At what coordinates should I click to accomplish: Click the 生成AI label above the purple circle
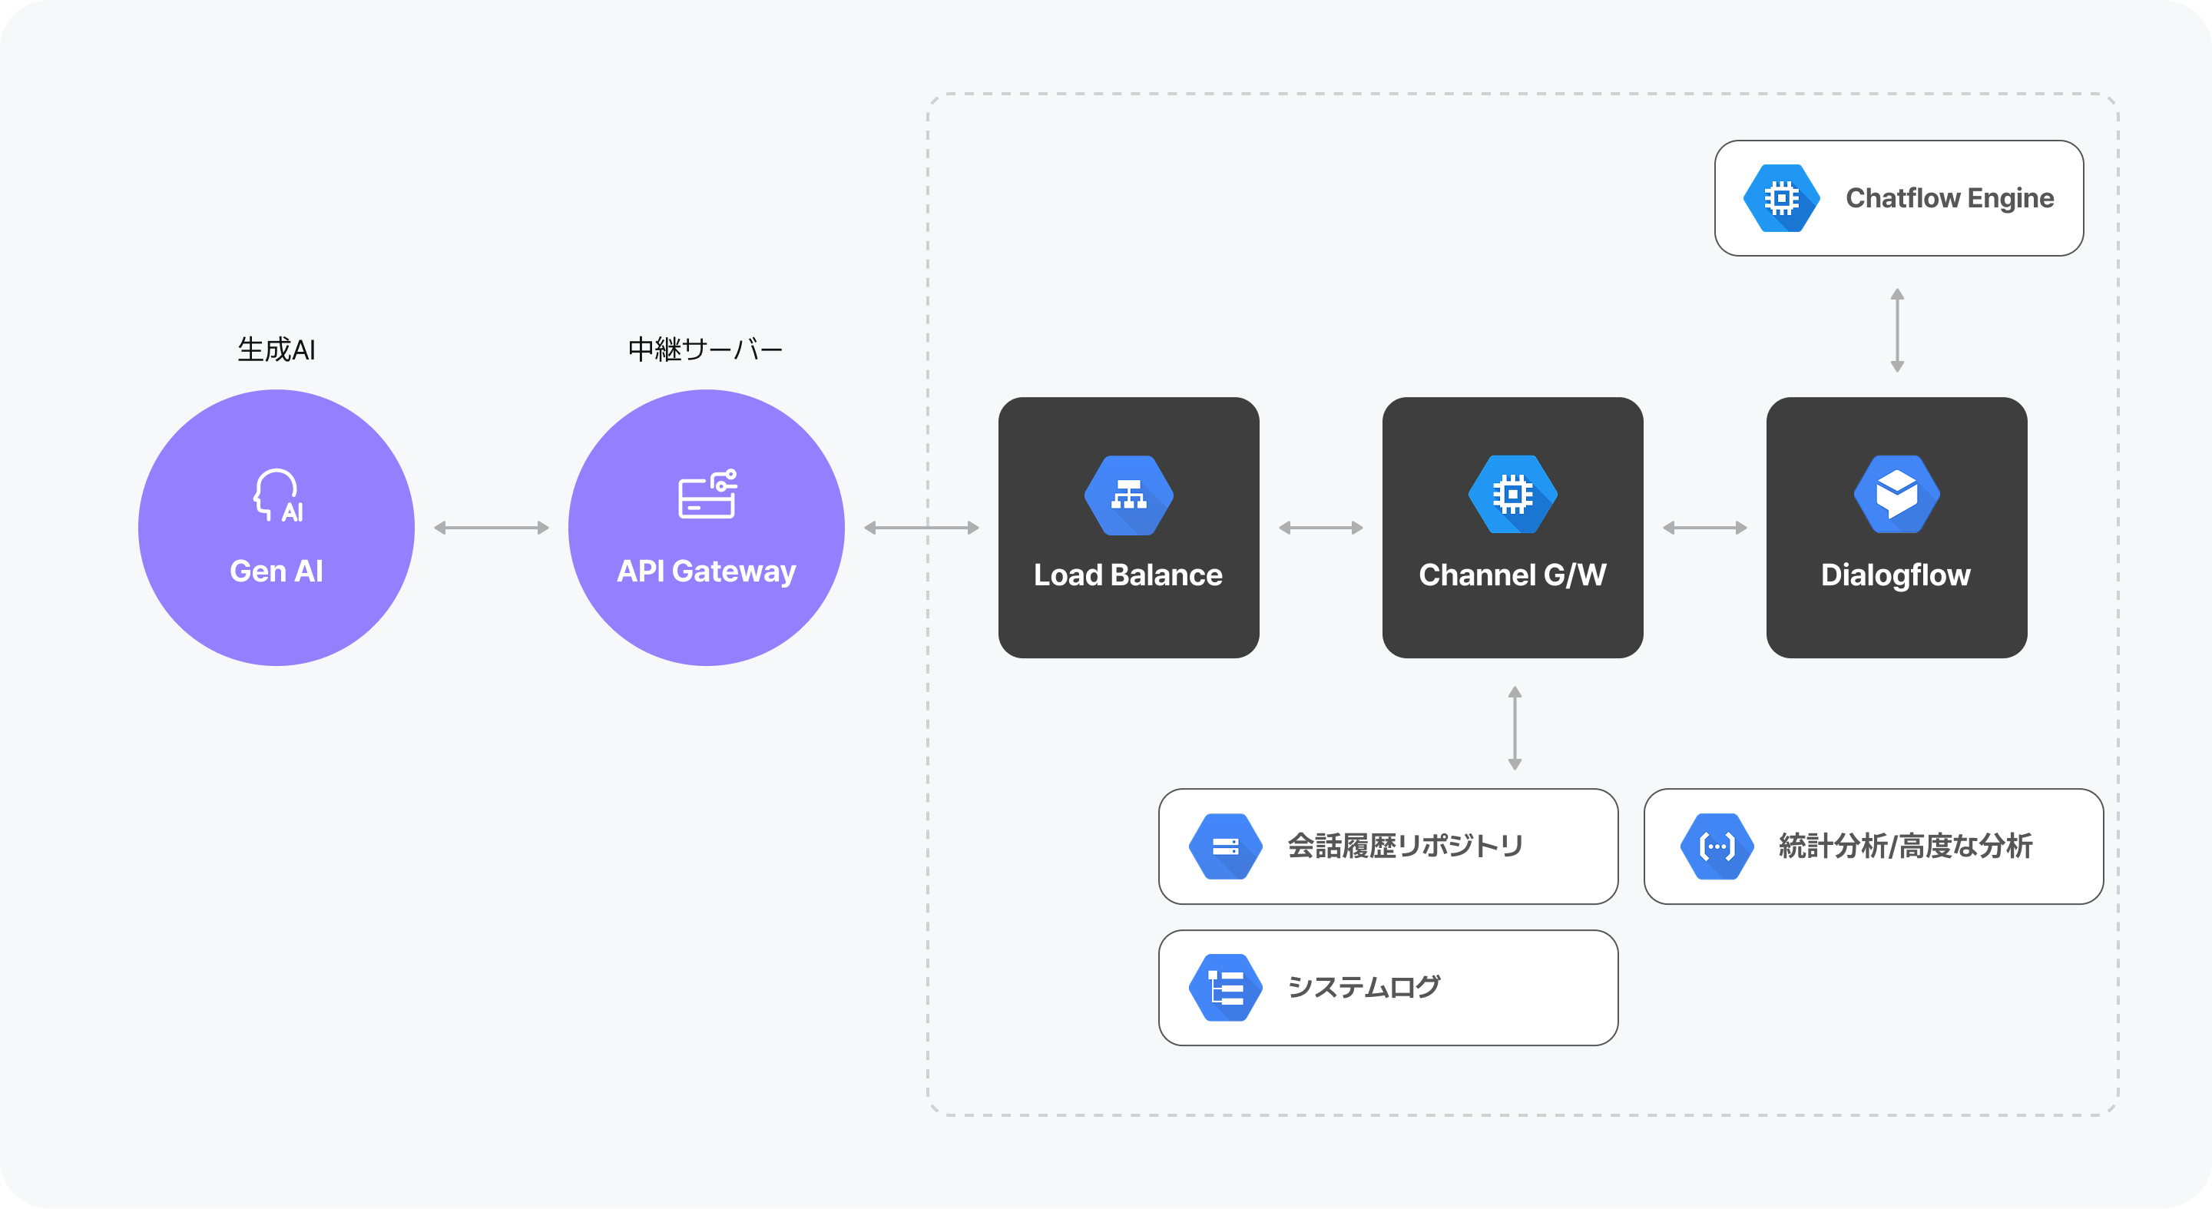click(x=276, y=349)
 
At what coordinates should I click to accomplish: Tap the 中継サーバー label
click(x=705, y=349)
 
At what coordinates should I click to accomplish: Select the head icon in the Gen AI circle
click(x=278, y=495)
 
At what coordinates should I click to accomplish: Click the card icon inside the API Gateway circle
click(x=707, y=495)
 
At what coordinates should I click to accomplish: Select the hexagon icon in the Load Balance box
click(x=1128, y=495)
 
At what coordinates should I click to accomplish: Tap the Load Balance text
click(x=1128, y=575)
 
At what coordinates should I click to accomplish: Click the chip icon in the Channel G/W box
click(x=1512, y=495)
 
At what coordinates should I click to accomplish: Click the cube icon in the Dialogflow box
click(x=1896, y=495)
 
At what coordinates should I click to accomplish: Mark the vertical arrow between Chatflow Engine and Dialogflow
click(x=1898, y=330)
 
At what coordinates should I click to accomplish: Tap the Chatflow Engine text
click(x=1949, y=198)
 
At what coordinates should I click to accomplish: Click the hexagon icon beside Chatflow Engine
click(x=1781, y=198)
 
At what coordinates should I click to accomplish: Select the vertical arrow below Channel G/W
click(x=1515, y=728)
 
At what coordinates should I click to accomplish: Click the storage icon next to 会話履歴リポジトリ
click(x=1225, y=846)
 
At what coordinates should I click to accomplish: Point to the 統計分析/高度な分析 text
click(x=1905, y=846)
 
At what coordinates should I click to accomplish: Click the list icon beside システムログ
click(x=1225, y=988)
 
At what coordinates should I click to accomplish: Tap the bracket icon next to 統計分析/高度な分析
click(x=1717, y=846)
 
